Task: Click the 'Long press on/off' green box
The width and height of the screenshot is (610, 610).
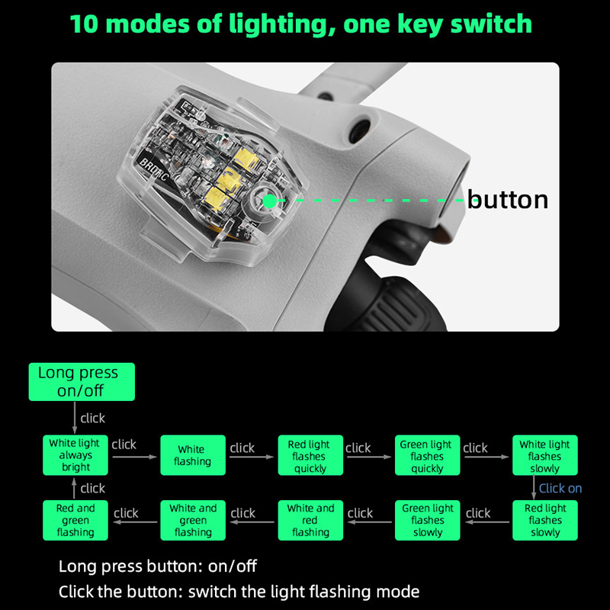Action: [x=82, y=382]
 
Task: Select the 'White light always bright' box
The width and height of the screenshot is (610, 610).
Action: [x=75, y=454]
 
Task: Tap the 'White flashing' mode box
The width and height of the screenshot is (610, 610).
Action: [x=193, y=454]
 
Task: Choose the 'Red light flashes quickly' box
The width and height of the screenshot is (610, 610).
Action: [x=310, y=454]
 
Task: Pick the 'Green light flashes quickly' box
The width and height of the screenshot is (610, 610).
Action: [x=428, y=454]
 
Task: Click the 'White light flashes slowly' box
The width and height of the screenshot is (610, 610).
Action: [x=545, y=454]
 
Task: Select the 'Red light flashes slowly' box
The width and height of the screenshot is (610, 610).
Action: [x=545, y=520]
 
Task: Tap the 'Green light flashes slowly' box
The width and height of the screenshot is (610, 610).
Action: [x=428, y=520]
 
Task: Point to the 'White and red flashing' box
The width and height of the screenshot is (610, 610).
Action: [x=310, y=520]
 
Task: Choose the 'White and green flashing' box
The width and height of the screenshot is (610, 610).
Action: [x=193, y=520]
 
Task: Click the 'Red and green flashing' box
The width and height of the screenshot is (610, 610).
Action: [x=75, y=520]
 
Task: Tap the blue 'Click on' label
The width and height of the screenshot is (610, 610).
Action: [x=560, y=488]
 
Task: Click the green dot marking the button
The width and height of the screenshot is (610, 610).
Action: [x=269, y=201]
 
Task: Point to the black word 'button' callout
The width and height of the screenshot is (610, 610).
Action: [x=508, y=199]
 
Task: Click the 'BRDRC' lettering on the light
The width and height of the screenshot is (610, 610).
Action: [x=154, y=170]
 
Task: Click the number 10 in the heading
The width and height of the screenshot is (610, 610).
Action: [x=84, y=24]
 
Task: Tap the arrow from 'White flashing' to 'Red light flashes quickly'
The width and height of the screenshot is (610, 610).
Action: [x=252, y=457]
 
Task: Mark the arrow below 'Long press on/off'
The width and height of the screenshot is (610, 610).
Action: [x=75, y=417]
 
